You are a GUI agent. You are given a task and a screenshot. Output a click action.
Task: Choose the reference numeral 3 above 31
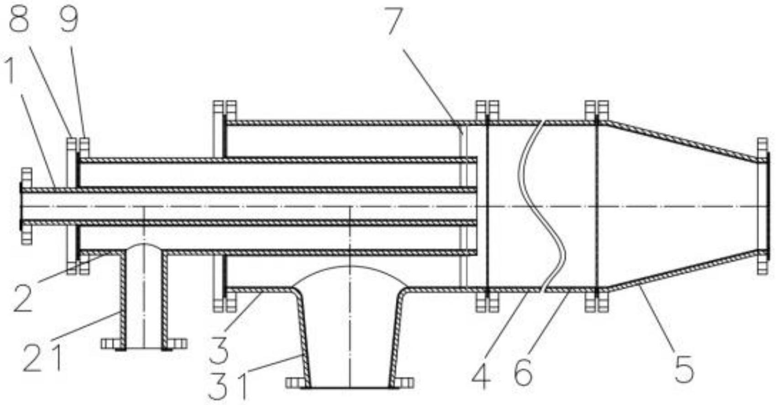pos(219,351)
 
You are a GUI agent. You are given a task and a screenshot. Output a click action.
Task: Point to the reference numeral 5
pos(685,368)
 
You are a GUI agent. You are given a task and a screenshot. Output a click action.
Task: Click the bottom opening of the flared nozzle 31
pos(350,387)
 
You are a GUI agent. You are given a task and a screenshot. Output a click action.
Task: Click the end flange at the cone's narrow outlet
pos(762,206)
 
